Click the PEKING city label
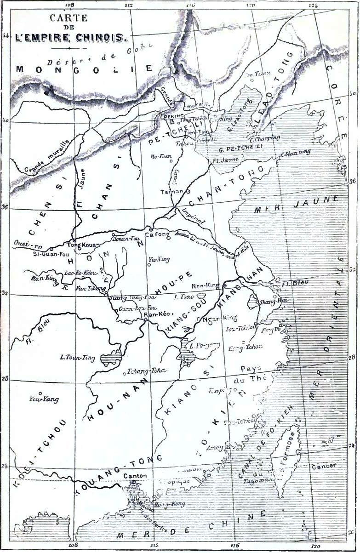tap(175, 116)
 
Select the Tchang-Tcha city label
tap(146, 371)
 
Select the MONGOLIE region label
tap(83, 69)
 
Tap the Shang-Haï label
tap(269, 302)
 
